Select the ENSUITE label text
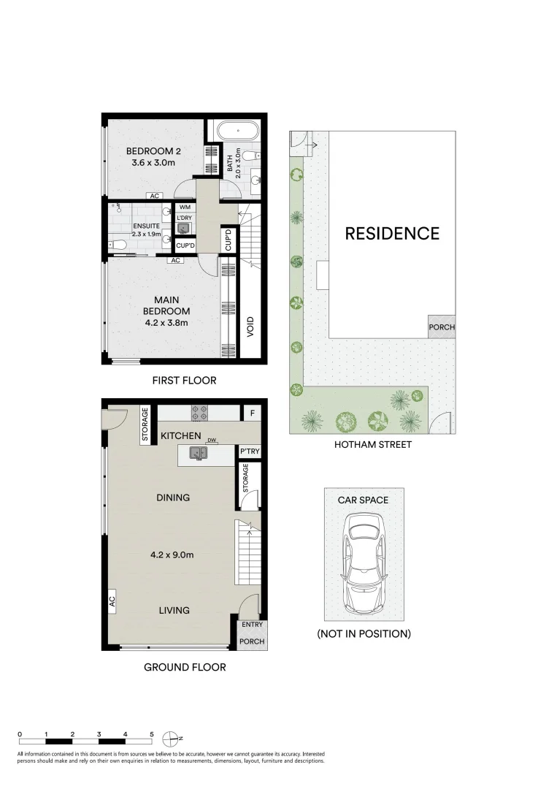145,226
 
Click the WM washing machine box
184,207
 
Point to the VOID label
250,324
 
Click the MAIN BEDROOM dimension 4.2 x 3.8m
166,322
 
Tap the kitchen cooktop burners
200,412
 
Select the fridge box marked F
253,413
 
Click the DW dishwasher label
212,441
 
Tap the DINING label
172,498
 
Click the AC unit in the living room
112,602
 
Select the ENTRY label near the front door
253,625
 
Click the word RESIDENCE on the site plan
392,234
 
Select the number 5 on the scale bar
151,733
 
